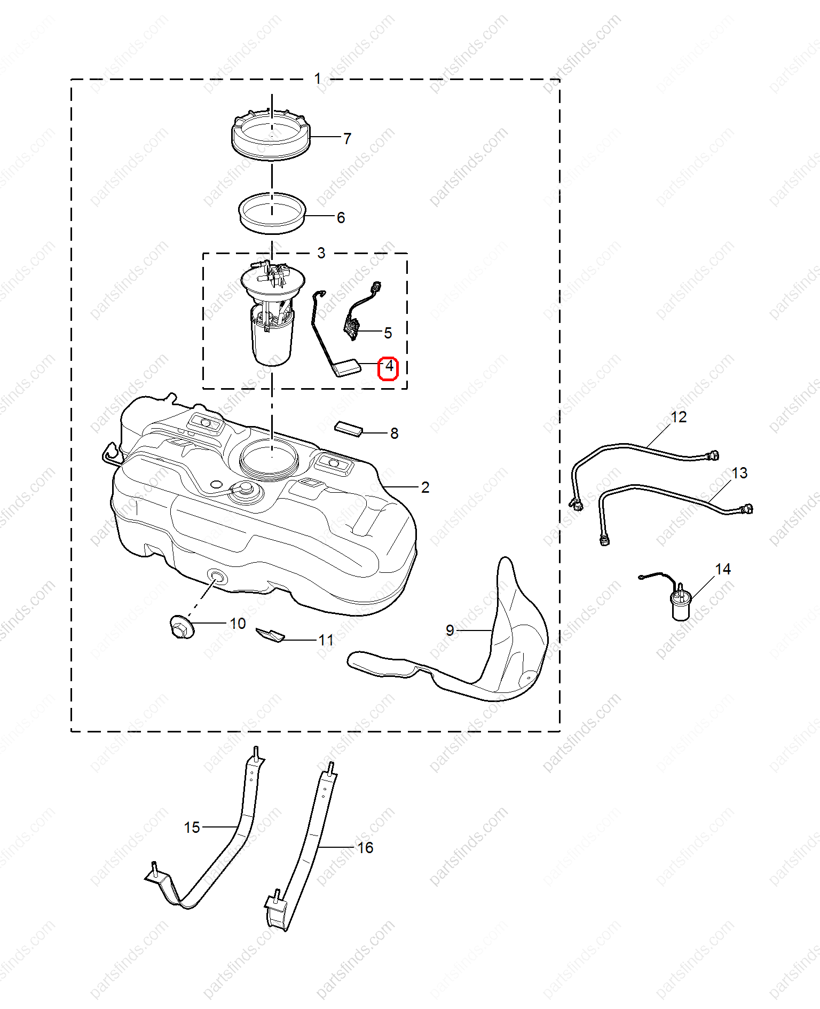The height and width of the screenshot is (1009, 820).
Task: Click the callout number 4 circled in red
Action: point(389,367)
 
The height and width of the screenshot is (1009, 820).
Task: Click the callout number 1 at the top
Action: point(318,79)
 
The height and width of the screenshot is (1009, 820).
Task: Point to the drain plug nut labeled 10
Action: point(182,626)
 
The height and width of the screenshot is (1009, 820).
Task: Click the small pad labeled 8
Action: point(349,428)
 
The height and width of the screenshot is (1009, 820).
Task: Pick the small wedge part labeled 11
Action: point(270,635)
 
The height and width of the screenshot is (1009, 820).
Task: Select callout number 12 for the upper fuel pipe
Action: point(679,417)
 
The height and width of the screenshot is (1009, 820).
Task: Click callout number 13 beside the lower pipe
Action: point(739,473)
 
